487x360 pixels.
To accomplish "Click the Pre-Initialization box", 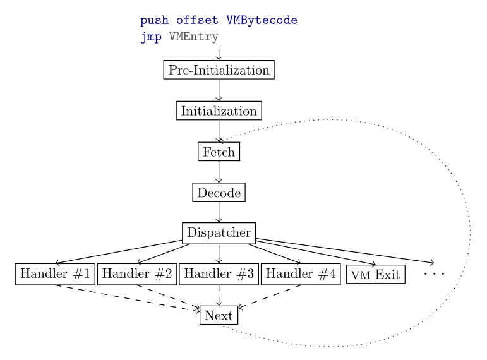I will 219,69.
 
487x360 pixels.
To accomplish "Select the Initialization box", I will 219,111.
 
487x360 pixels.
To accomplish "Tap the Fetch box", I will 219,152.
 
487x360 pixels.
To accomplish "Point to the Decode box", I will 219,193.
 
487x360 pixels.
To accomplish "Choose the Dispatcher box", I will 219,233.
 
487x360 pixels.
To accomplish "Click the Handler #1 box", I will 56,274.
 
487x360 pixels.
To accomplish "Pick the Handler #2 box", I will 136,274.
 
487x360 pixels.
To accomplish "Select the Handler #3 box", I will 219,274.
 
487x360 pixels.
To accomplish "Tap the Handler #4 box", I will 300,274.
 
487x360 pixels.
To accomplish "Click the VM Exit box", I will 376,275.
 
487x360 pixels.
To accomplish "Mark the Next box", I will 219,315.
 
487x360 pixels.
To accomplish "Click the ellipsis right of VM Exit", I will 434,274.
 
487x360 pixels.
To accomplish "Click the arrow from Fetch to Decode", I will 219,172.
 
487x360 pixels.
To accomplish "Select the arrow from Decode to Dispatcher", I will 219,213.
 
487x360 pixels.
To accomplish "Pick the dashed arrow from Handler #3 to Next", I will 219,295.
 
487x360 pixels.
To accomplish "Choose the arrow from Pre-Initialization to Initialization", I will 219,90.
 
